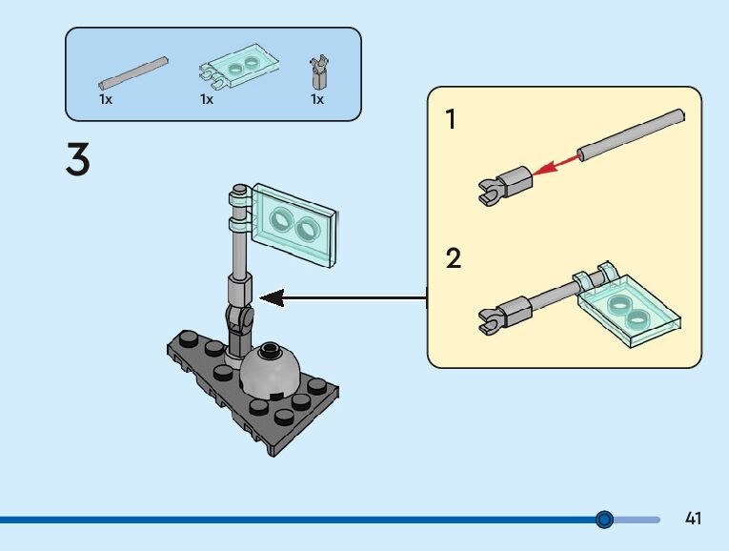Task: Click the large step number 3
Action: point(77,159)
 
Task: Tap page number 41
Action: point(693,518)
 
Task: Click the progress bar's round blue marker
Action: point(604,519)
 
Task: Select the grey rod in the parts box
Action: point(133,73)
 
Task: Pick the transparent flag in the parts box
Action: point(239,67)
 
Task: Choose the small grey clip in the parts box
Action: point(318,72)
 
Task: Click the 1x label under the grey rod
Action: point(106,99)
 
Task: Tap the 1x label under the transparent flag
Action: point(207,99)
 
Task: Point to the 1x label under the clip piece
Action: point(317,99)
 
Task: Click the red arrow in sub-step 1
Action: point(557,165)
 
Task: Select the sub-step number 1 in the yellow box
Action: point(451,119)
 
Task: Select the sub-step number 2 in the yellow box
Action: point(454,257)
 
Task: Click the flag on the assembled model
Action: point(293,225)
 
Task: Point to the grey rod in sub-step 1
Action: point(631,134)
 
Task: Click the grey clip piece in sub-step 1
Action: point(505,184)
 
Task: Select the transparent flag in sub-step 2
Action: point(628,304)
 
